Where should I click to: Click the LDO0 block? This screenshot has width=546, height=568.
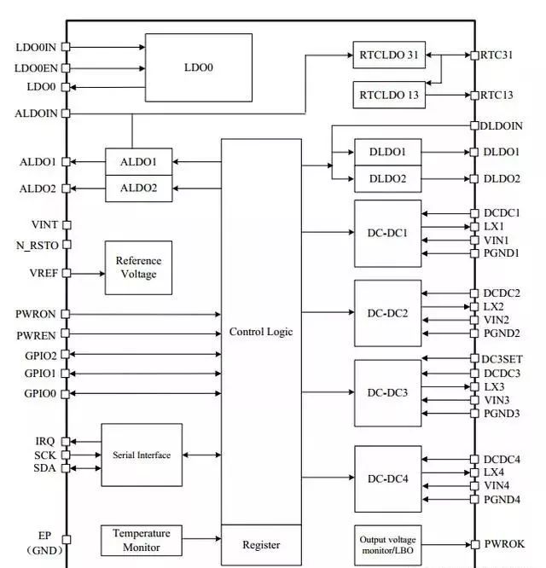(x=198, y=66)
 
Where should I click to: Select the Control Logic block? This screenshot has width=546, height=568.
(x=261, y=332)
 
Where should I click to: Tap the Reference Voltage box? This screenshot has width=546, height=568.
(x=138, y=267)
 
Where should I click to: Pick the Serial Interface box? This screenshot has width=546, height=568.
(x=142, y=455)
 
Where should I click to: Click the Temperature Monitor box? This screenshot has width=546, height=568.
(x=142, y=540)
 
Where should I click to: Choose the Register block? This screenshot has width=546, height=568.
(x=261, y=545)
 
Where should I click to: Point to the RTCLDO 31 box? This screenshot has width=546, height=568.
(x=388, y=55)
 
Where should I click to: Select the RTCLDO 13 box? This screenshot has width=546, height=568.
(x=388, y=95)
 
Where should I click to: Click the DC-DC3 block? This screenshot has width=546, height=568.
(x=388, y=393)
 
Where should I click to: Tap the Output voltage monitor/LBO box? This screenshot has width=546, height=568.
(x=388, y=544)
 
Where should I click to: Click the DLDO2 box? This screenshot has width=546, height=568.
(x=388, y=179)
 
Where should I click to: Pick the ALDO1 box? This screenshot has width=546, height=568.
(x=138, y=160)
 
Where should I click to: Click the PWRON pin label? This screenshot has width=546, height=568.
(x=36, y=315)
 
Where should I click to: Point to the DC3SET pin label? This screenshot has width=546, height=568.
(x=502, y=359)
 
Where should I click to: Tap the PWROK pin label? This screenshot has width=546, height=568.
(x=503, y=544)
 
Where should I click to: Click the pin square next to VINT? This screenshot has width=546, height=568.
(x=67, y=225)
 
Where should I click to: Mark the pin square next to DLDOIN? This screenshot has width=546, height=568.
(x=474, y=125)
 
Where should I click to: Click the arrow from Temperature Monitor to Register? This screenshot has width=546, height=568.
(x=201, y=539)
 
